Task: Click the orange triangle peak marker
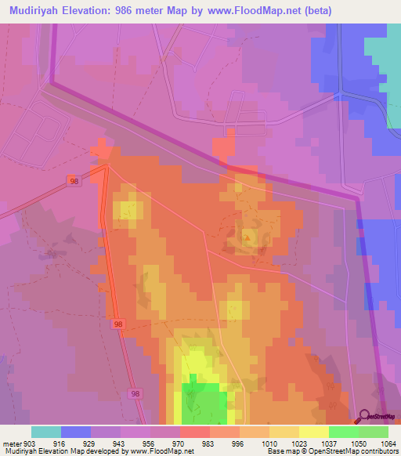(248, 237)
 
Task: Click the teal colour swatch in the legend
(46, 432)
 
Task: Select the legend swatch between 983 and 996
(224, 432)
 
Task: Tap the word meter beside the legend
(9, 443)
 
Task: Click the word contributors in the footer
(378, 451)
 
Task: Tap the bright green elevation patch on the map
(205, 404)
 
